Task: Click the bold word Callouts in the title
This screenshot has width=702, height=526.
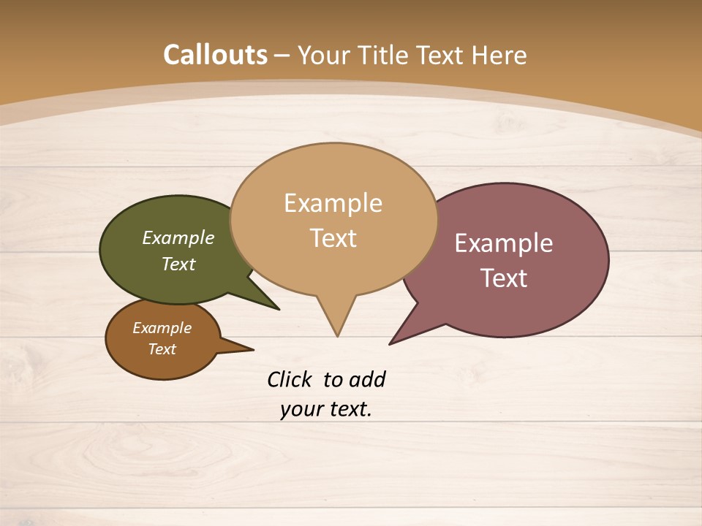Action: point(215,55)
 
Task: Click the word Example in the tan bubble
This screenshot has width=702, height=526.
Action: point(333,203)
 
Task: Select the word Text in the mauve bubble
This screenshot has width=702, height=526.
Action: point(504,278)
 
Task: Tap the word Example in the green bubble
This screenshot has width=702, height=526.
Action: point(178,238)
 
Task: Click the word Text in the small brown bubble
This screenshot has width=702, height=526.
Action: point(162,349)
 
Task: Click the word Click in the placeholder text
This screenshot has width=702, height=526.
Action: point(290,379)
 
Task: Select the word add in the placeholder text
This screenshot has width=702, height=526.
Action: point(367,379)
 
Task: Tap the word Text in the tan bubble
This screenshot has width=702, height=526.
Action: point(333,238)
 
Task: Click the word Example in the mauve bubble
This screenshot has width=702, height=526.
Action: point(504,243)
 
